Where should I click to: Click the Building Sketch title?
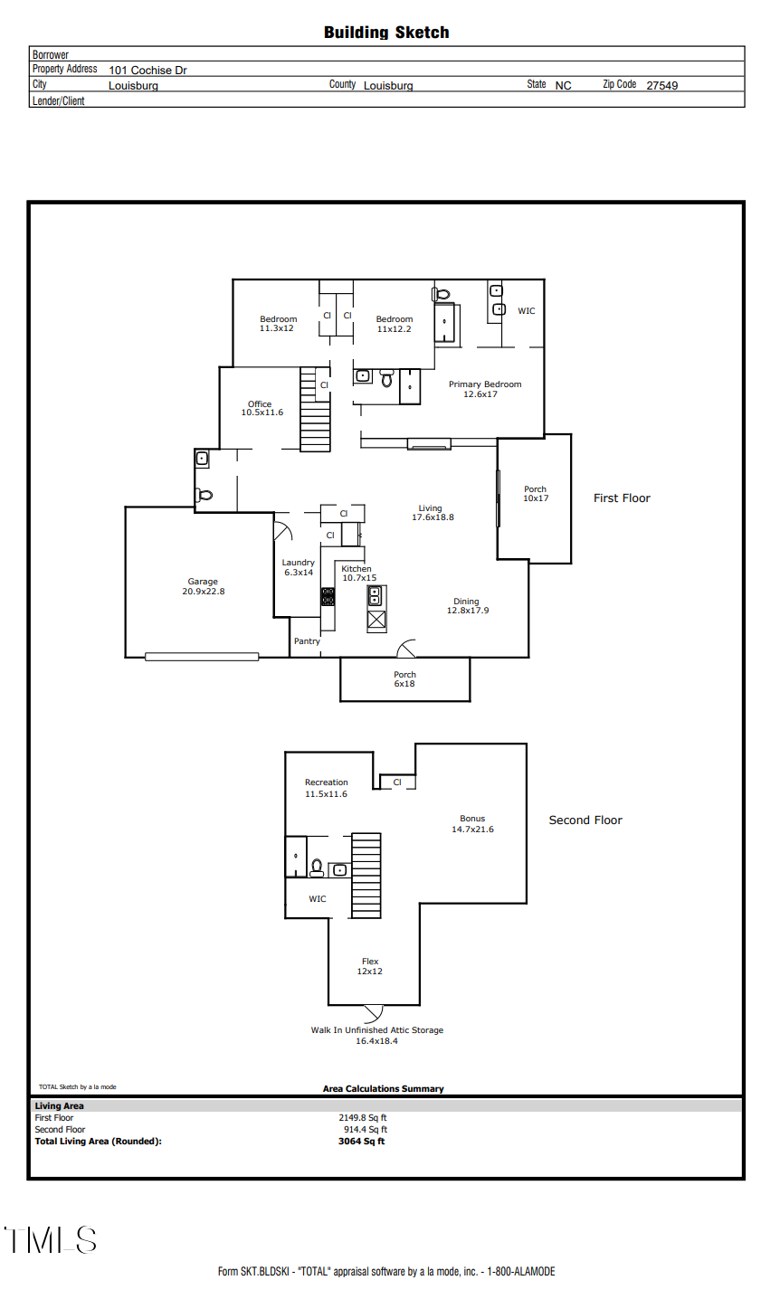click(386, 33)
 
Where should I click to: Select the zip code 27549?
click(661, 86)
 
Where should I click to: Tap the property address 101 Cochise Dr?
click(147, 70)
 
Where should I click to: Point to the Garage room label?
click(203, 586)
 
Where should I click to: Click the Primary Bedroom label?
click(485, 389)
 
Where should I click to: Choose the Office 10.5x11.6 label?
click(262, 408)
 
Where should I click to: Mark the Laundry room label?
click(298, 567)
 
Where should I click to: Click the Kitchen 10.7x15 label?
click(357, 574)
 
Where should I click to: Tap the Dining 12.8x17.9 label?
click(467, 606)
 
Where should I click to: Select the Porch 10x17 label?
click(536, 494)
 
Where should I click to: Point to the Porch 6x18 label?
click(404, 679)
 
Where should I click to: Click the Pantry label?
click(307, 641)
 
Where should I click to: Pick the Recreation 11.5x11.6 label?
click(326, 788)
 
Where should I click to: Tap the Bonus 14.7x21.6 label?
click(472, 824)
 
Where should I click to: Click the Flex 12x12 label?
click(370, 966)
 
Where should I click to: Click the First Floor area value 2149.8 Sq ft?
click(363, 1118)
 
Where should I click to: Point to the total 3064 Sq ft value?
click(361, 1142)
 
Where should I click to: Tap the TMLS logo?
click(50, 1239)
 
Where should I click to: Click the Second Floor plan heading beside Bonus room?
click(585, 820)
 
